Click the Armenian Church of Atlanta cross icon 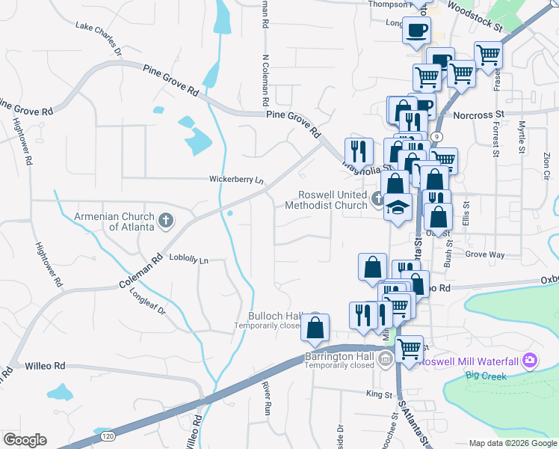pos(166,221)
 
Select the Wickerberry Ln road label pos(237,180)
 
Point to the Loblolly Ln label pos(188,260)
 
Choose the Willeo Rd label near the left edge pos(46,367)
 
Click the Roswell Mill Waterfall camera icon pos(530,361)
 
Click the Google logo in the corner pos(25,440)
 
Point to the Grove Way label pos(484,254)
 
